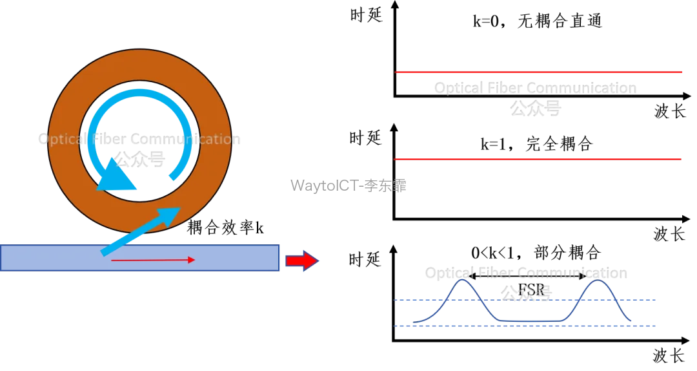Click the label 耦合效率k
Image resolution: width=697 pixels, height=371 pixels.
click(225, 228)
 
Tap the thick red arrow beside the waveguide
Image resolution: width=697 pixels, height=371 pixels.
click(302, 260)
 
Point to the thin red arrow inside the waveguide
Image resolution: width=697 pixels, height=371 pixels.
click(153, 260)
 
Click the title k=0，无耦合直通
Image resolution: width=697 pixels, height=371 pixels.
click(537, 21)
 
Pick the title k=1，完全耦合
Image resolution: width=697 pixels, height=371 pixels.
click(536, 144)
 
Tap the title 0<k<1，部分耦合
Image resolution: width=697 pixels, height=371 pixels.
click(536, 253)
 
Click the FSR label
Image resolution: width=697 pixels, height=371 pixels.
click(531, 290)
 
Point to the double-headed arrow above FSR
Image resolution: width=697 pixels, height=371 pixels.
click(528, 277)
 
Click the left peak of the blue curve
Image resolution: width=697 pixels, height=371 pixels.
click(463, 280)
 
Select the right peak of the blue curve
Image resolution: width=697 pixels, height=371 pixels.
click(598, 280)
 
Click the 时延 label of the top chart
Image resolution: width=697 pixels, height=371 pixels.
click(367, 15)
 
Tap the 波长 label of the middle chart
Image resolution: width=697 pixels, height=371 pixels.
click(669, 234)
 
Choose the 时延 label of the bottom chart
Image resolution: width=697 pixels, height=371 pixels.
click(365, 259)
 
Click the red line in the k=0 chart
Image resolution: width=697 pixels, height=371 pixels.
click(538, 72)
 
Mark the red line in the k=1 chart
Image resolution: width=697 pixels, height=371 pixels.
click(538, 159)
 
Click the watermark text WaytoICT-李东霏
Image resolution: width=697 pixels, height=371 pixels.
click(348, 185)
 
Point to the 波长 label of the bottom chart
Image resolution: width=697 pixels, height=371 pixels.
click(669, 355)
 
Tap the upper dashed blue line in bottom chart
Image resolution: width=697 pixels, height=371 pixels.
click(525, 300)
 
